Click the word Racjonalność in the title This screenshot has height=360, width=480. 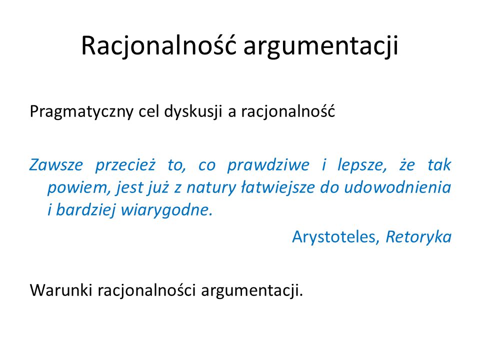[x=159, y=46]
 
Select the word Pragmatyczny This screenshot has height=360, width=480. [x=81, y=111]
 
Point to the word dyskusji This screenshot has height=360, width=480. [x=193, y=111]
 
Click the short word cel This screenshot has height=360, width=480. [x=148, y=111]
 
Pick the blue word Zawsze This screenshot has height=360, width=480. [x=56, y=165]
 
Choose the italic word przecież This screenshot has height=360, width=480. [x=125, y=165]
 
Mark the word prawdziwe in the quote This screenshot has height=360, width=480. [x=268, y=165]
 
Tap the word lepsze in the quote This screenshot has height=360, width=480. [x=362, y=166]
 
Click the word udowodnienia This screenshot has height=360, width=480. [x=397, y=187]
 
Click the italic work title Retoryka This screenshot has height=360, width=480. [x=418, y=237]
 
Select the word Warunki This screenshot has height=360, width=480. [x=61, y=290]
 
